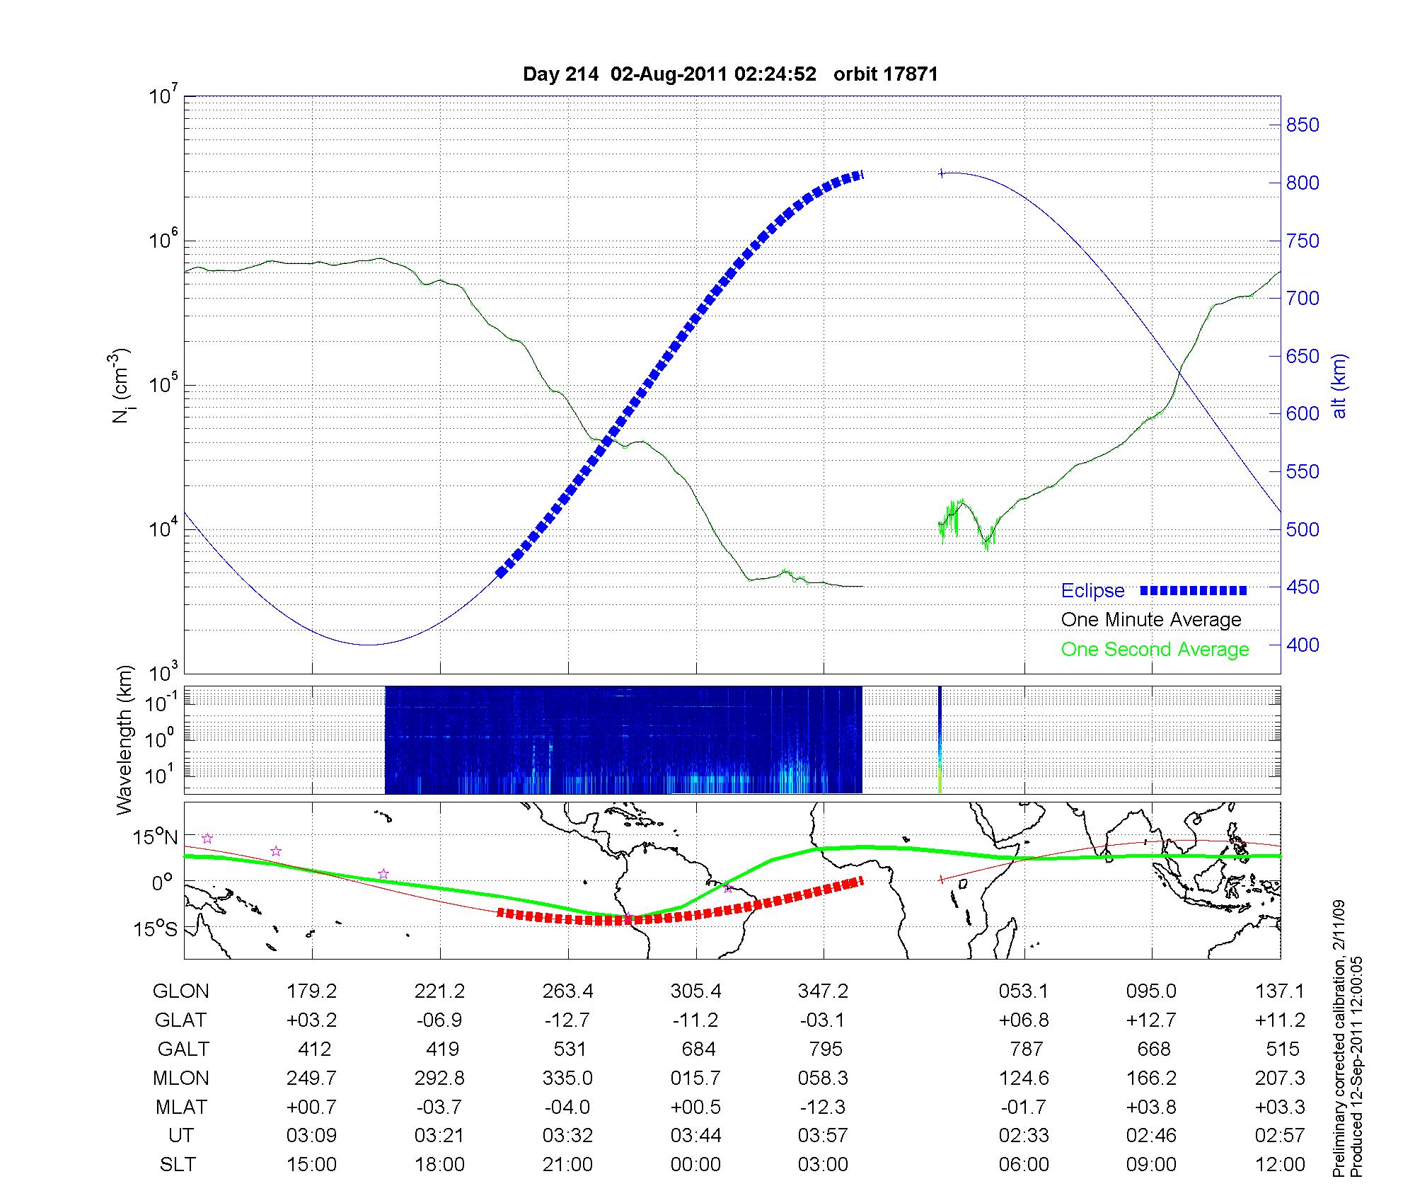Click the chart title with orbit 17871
click(x=730, y=74)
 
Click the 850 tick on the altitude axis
click(x=1302, y=125)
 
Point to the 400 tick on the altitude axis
click(x=1302, y=645)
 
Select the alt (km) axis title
click(x=1339, y=386)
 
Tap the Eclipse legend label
click(x=1092, y=590)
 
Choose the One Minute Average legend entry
click(x=1151, y=620)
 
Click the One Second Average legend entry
click(x=1155, y=650)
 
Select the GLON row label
click(x=180, y=991)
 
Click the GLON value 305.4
click(x=696, y=991)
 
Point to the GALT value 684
click(x=698, y=1049)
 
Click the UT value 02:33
click(x=1024, y=1136)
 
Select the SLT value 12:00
click(x=1280, y=1165)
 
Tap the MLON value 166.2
click(x=1152, y=1078)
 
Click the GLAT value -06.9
click(x=440, y=1020)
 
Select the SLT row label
click(x=178, y=1165)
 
